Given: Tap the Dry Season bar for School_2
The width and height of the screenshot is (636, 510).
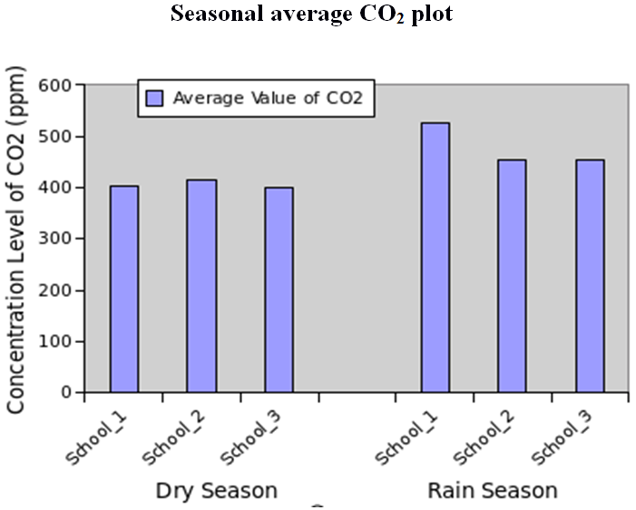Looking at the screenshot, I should tap(201, 286).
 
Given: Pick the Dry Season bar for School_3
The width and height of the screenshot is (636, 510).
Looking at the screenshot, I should tap(279, 289).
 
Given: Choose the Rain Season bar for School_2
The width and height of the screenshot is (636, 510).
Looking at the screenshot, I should tap(512, 276).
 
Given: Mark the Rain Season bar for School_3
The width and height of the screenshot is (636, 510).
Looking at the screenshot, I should tap(590, 276).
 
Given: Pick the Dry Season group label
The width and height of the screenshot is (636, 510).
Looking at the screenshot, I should tap(216, 491).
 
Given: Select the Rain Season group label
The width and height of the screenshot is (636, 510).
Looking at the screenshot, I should tap(493, 491).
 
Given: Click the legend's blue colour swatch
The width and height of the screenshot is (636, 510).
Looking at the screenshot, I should tap(154, 98).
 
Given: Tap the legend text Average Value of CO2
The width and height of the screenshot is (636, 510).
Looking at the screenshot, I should tap(268, 98).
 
